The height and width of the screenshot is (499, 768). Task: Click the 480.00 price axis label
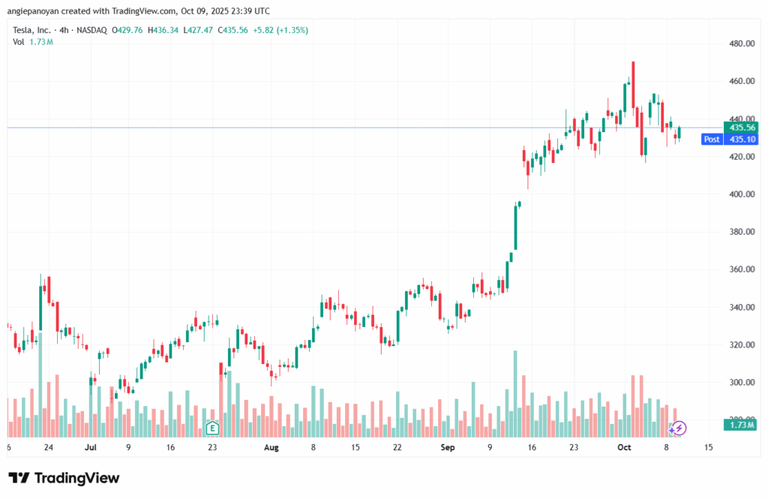pos(741,44)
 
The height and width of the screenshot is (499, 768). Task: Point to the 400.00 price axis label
pos(741,194)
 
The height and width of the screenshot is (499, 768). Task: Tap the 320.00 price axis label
pos(741,345)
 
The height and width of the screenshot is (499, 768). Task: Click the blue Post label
pos(712,139)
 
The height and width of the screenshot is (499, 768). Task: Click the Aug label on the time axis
pos(271,448)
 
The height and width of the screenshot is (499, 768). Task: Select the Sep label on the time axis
pos(447,448)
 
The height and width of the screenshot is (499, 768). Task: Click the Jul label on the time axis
pos(91,448)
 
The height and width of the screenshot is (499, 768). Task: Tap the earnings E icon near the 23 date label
pos(212,428)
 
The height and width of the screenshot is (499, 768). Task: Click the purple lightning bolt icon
pos(678,428)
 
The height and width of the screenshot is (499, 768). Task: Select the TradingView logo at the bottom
pos(64,478)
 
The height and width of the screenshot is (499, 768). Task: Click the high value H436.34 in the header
pos(165,30)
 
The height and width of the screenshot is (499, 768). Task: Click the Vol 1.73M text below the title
pos(33,42)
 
